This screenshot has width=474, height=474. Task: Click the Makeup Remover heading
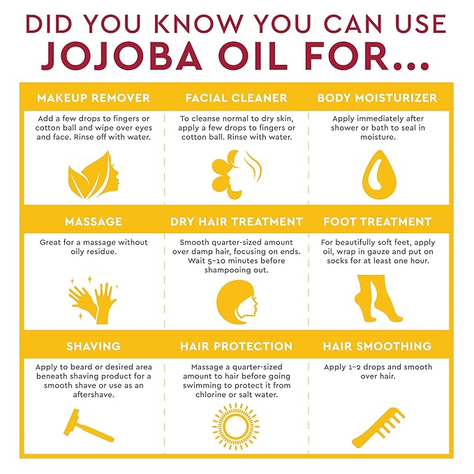pos(93,97)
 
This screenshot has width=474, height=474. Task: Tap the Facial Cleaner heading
pos(236,97)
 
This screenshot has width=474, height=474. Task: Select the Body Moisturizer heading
pos(377,97)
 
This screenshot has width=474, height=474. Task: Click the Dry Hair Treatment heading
pos(236,221)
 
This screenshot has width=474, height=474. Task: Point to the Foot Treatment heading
pos(377,221)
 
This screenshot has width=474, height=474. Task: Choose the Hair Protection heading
pos(236,346)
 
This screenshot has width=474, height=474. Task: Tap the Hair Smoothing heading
pos(377,346)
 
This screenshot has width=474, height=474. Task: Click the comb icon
pos(378,427)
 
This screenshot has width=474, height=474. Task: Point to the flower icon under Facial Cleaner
pos(223,172)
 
